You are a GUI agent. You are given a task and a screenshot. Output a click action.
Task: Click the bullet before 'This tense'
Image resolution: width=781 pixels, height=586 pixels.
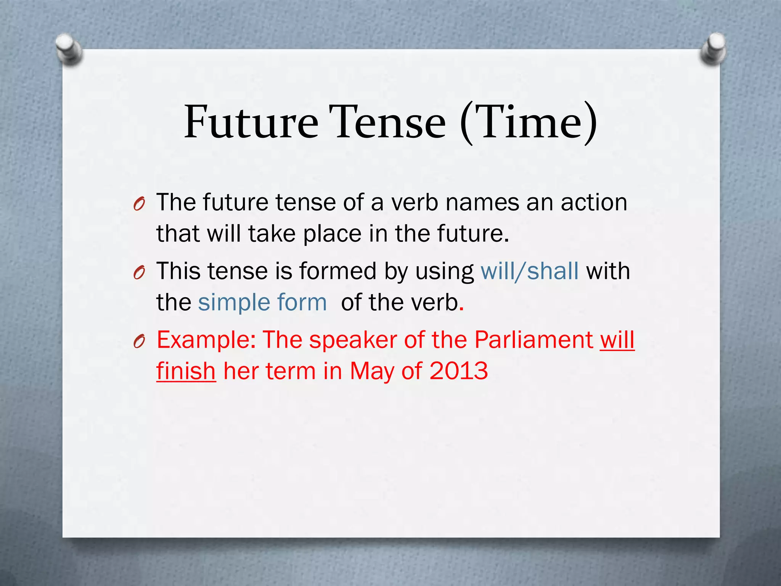point(139,273)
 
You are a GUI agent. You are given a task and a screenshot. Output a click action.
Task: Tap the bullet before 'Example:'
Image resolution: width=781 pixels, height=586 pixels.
point(139,342)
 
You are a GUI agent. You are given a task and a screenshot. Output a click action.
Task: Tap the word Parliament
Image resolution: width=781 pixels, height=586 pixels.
point(533,340)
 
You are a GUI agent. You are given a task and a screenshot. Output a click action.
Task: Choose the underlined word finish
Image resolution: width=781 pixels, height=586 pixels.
point(186,371)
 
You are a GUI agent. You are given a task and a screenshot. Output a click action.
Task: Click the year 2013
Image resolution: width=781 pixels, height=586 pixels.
point(458,371)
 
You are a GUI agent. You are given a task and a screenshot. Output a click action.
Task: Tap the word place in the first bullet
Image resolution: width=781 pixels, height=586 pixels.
point(332,234)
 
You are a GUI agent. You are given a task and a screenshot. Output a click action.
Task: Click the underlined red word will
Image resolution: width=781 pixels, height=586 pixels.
point(617,340)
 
